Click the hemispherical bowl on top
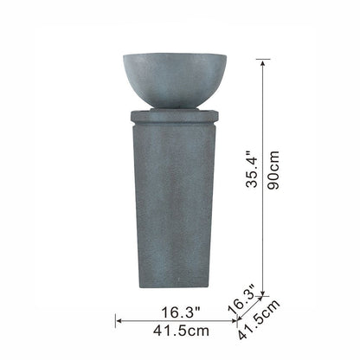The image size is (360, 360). pos(175,80)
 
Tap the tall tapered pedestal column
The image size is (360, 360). pos(174,206)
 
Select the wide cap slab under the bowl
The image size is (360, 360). pos(174,116)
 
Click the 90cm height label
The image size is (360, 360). pos(273,170)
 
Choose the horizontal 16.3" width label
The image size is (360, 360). pos(181,312)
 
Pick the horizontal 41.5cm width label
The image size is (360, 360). pos(181,331)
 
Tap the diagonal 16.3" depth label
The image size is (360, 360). pos(241,299)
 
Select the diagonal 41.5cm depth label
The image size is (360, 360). pos(259,319)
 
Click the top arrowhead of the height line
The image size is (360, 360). pos(262,62)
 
